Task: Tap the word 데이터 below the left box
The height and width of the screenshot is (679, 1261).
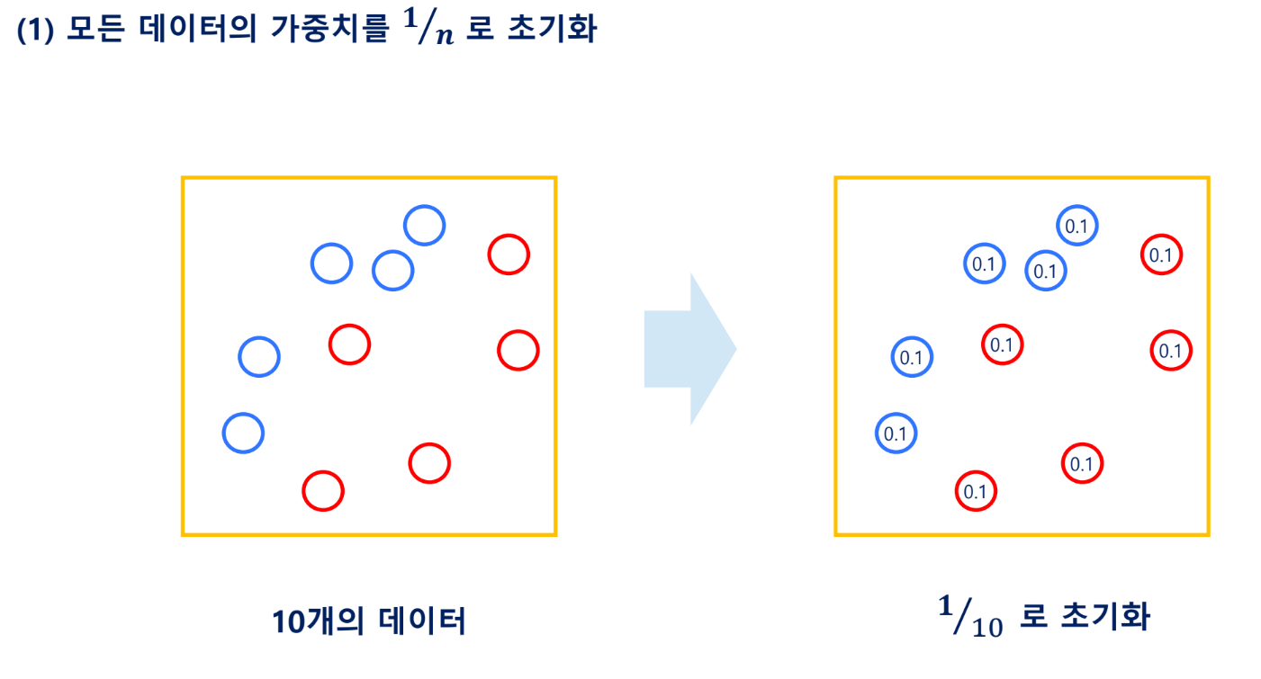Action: click(x=423, y=621)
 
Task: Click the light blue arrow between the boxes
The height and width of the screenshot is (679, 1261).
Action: click(x=689, y=349)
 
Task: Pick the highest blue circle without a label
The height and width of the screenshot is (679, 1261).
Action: click(x=424, y=225)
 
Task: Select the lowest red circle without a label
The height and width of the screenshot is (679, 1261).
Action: click(x=323, y=491)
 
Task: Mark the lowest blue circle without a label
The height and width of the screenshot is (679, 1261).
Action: click(x=243, y=433)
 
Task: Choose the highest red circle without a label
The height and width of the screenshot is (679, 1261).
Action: click(x=509, y=255)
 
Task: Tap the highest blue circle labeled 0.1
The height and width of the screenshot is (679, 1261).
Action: click(x=1076, y=227)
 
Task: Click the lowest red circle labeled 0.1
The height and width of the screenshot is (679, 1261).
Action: click(x=976, y=491)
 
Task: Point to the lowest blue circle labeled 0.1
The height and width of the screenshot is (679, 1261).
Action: click(x=896, y=433)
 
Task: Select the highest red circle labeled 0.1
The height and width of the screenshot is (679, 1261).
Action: click(x=1161, y=255)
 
